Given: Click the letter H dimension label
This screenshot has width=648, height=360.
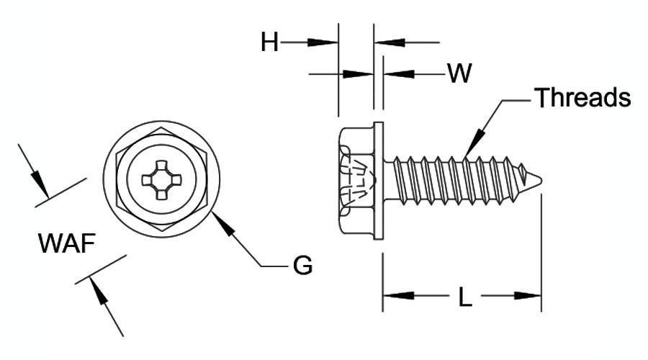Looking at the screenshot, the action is pyautogui.click(x=269, y=42).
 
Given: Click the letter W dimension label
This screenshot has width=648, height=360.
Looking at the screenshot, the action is pyautogui.click(x=459, y=73).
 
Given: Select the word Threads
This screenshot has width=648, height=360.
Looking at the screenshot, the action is pyautogui.click(x=582, y=97).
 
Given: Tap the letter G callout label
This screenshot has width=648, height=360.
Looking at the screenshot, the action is pyautogui.click(x=302, y=265).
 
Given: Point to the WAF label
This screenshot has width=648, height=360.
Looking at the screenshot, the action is pyautogui.click(x=67, y=243).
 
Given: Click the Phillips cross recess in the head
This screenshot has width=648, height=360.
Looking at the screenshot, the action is pyautogui.click(x=161, y=180).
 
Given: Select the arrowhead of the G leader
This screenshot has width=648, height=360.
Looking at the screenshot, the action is pyautogui.click(x=222, y=224).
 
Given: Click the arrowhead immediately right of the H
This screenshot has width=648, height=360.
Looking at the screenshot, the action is pyautogui.click(x=323, y=42).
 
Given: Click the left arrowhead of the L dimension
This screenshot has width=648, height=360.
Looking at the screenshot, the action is pyautogui.click(x=398, y=295).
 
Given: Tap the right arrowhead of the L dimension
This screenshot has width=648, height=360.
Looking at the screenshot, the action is pyautogui.click(x=526, y=295).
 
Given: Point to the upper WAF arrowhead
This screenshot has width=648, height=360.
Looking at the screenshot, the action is pyautogui.click(x=40, y=184).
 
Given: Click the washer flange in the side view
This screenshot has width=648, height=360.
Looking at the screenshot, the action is pyautogui.click(x=379, y=180).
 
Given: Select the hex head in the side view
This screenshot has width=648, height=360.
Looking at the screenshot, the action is pyautogui.click(x=356, y=180).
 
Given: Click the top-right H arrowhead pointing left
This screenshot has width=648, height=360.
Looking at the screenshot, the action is pyautogui.click(x=389, y=42).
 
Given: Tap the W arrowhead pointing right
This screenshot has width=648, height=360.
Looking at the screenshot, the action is pyautogui.click(x=359, y=74).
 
